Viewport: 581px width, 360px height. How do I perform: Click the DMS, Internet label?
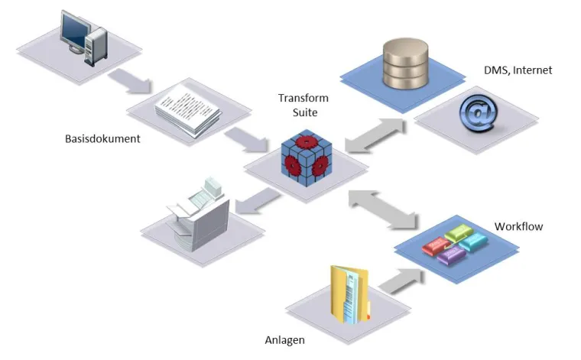coord(518,70)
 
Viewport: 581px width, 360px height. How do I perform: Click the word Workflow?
coord(518,226)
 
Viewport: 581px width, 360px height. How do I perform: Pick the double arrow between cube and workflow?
coord(382,207)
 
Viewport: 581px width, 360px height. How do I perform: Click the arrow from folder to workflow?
coord(398,279)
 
